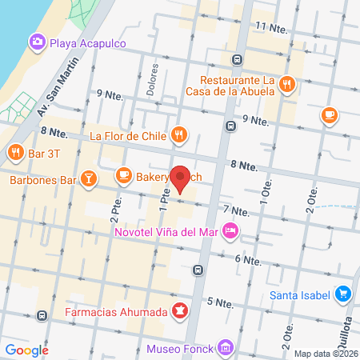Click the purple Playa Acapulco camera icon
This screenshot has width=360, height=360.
[x=37, y=42]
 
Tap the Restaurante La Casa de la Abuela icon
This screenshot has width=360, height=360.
[x=287, y=82]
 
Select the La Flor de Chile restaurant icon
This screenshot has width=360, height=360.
[x=180, y=135]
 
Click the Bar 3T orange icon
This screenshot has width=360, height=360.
[x=15, y=152]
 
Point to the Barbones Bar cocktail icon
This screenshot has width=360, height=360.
[x=89, y=179]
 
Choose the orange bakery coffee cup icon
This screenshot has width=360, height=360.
[x=123, y=174]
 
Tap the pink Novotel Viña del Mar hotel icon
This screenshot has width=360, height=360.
[x=230, y=232]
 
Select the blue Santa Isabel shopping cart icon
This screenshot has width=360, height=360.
[x=343, y=294]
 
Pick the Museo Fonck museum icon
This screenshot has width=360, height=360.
[x=226, y=348]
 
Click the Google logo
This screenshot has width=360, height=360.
[x=26, y=350]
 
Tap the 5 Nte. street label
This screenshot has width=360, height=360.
[x=219, y=302]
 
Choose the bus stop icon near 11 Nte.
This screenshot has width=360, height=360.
[x=238, y=59]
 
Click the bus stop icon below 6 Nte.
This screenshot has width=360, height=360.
[x=198, y=270]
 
